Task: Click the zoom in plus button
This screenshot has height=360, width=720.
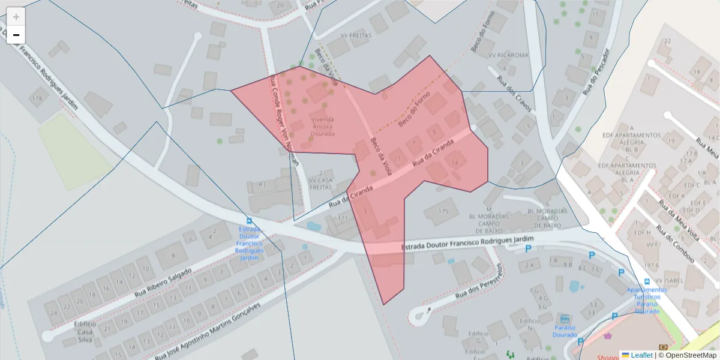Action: (16, 17)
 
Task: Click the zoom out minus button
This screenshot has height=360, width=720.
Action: (16, 35)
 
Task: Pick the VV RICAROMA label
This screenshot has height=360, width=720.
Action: (508, 55)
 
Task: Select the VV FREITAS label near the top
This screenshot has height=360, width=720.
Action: (356, 35)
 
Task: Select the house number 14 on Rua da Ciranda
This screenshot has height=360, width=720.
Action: (455, 163)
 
